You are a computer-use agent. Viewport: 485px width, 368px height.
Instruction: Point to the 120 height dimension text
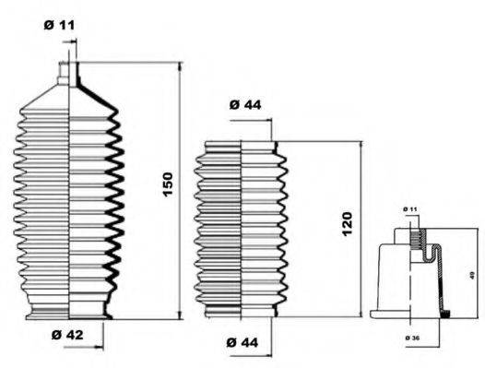[346, 223]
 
